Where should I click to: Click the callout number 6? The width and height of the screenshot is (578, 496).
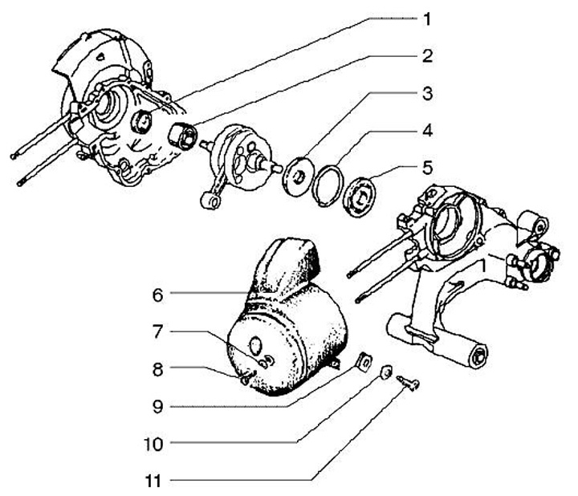point(157,295)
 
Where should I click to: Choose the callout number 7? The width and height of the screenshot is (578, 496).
point(157,331)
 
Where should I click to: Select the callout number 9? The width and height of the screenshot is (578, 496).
point(157,405)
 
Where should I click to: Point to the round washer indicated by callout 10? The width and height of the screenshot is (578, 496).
point(386,372)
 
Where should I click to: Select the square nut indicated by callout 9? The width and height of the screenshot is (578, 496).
point(362,360)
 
